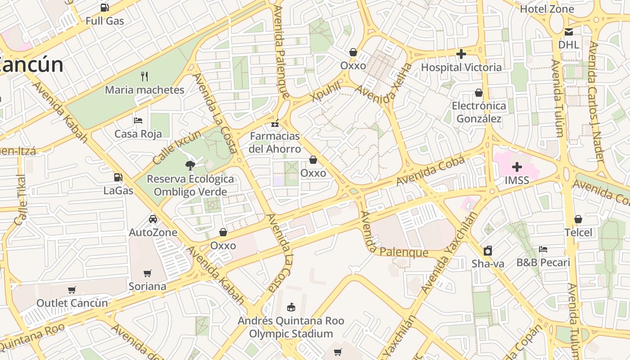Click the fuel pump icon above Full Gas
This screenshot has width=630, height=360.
click(105, 7)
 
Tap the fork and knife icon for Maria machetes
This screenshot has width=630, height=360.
click(144, 76)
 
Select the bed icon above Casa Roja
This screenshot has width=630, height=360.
click(138, 120)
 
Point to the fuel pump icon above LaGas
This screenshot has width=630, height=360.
click(118, 177)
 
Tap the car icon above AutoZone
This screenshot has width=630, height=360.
click(153, 219)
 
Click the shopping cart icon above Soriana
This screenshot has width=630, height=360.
click(147, 273)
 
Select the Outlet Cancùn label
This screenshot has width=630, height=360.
click(72, 303)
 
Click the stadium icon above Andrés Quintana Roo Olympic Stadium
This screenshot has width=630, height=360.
click(291, 307)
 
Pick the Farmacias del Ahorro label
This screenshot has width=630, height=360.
click(275, 142)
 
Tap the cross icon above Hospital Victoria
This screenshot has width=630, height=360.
click(461, 54)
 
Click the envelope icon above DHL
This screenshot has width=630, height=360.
click(569, 31)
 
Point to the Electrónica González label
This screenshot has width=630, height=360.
click(479, 112)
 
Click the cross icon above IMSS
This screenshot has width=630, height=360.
click(517, 167)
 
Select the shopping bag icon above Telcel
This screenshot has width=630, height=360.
click(578, 219)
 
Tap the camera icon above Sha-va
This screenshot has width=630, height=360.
click(488, 251)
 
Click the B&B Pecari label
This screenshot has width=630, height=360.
click(543, 262)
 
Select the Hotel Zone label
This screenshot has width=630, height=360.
click(547, 9)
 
